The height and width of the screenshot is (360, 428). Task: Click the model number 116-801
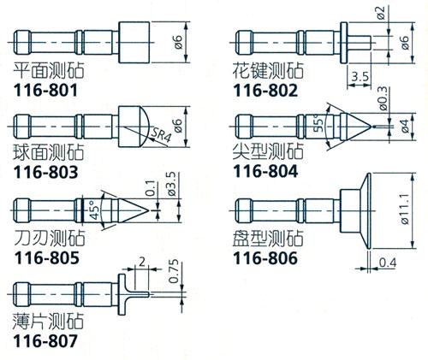45,91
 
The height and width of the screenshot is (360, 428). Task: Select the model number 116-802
265,91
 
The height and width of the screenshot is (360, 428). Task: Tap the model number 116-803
45,172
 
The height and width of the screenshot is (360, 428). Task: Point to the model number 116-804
265,171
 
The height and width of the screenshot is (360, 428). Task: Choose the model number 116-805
46,257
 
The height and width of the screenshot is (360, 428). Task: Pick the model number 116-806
265,258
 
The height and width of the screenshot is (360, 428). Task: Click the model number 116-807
45,341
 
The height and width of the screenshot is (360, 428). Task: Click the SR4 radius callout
161,134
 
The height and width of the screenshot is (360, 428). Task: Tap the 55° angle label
318,123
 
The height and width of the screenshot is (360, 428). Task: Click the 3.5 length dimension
360,77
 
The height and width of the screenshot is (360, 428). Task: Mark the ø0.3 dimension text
383,98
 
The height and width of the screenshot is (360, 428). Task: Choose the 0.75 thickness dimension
174,271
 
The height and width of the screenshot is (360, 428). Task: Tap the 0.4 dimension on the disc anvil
388,263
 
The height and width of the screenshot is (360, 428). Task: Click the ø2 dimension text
382,13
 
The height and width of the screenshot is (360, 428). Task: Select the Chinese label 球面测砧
49,152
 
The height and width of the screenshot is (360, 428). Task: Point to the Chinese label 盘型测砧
268,239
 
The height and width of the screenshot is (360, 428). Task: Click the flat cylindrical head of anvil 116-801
134,42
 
